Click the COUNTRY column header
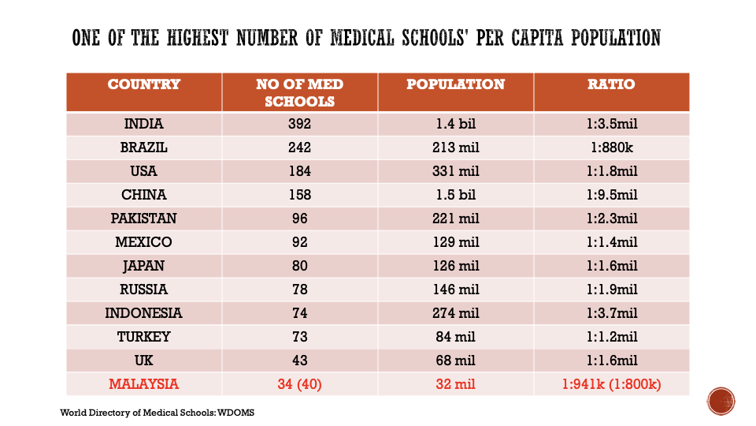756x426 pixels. [143, 84]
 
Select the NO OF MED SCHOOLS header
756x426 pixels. [299, 92]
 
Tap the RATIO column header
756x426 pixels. [611, 84]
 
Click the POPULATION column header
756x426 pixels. [456, 84]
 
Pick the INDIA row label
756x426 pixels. [143, 124]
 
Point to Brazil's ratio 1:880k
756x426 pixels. [612, 148]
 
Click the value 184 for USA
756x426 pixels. [299, 171]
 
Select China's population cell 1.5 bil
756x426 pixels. [456, 195]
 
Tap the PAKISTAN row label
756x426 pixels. [143, 219]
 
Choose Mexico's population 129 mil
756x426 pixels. [456, 242]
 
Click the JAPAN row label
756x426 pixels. [143, 266]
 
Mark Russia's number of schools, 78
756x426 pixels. [299, 290]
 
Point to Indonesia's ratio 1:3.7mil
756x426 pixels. [612, 313]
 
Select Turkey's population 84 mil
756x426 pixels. [456, 337]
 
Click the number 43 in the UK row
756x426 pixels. [299, 361]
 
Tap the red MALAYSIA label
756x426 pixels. [143, 384]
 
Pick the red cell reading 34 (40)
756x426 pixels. [299, 384]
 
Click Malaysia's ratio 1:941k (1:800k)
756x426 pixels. [611, 384]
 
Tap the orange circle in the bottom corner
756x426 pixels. [721, 401]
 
